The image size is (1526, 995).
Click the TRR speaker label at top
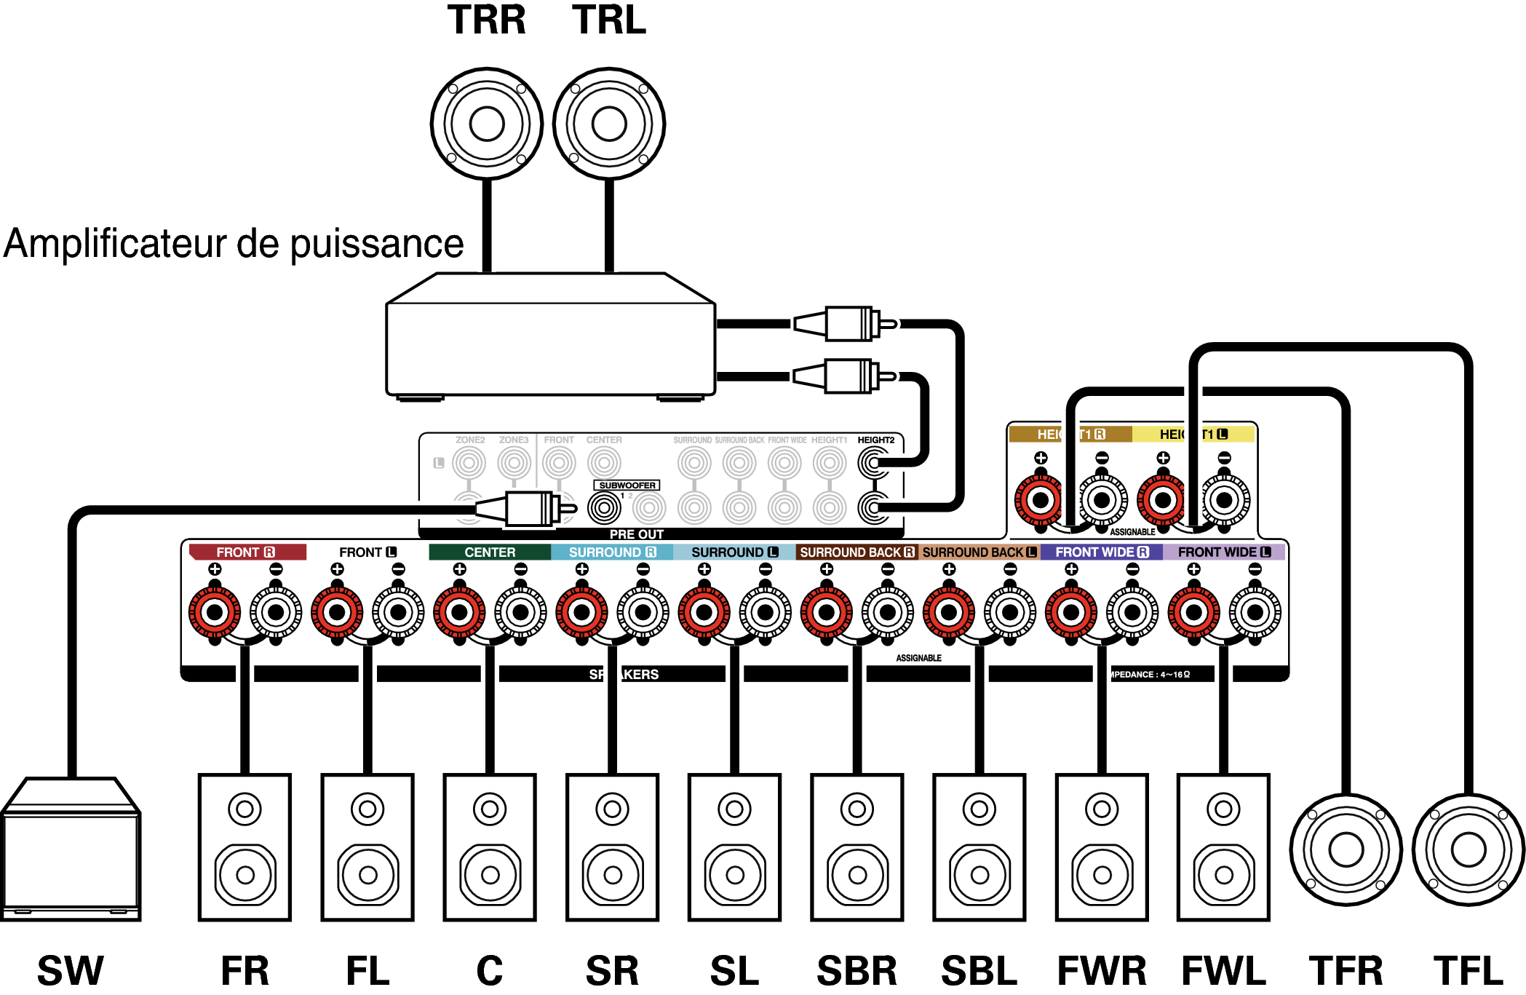click(486, 20)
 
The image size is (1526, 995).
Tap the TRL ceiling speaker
click(609, 124)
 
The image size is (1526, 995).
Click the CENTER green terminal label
click(490, 552)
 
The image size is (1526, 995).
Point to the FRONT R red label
click(246, 552)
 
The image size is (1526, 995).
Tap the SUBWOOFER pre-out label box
click(627, 485)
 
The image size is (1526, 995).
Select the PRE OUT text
click(637, 534)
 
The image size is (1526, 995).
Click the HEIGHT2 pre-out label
click(875, 440)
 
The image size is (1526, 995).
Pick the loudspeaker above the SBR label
click(857, 847)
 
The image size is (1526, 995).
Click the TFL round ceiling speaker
click(1468, 849)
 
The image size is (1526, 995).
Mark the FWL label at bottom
click(1224, 971)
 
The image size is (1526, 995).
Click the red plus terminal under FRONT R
click(215, 612)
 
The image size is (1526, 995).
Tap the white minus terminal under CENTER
click(520, 612)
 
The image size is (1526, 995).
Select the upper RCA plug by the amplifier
click(844, 324)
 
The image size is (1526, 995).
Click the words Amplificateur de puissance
click(234, 244)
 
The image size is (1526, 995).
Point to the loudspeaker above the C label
click(490, 847)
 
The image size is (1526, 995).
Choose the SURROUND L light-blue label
click(734, 552)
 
